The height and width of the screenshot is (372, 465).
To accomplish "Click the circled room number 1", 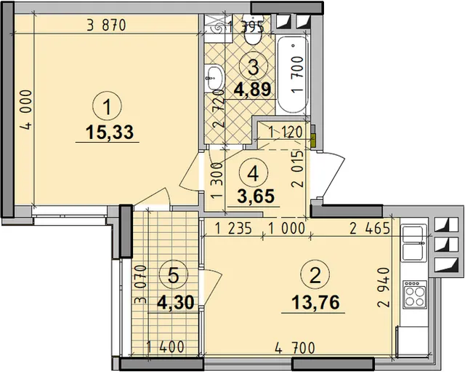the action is (107, 107).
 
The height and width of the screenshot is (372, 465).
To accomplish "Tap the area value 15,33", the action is (110, 132).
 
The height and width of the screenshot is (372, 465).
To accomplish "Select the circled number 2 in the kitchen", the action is (315, 275).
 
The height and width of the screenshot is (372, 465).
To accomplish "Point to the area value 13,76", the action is (315, 302).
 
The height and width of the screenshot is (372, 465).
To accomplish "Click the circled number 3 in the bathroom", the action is (254, 67).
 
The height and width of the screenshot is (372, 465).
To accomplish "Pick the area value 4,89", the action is (253, 89).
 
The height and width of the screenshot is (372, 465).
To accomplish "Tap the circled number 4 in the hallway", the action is (253, 173).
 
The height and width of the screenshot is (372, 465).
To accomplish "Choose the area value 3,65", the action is (256, 196).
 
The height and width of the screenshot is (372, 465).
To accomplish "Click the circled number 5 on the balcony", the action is (174, 275).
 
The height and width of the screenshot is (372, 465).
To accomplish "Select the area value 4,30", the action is (176, 302).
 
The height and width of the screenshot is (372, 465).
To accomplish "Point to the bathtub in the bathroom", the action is (292, 74).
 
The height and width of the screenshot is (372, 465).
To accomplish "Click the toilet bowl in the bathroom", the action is (252, 34).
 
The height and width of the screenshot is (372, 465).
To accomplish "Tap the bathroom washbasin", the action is (214, 78).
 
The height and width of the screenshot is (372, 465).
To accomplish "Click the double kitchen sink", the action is (413, 243).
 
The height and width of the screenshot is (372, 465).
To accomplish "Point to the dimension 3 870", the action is (107, 25).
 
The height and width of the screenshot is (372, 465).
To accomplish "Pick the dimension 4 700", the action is (295, 348).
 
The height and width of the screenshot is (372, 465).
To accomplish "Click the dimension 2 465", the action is (370, 229).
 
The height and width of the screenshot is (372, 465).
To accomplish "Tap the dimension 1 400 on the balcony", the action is (166, 347).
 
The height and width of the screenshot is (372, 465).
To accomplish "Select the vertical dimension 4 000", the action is (26, 110).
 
